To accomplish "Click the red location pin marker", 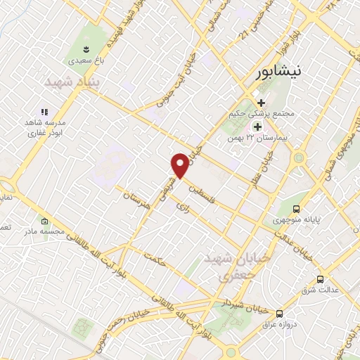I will pos(181,165).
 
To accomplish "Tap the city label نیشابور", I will pos(281,72).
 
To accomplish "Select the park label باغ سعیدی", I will pos(86,61).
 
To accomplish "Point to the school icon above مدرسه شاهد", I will pos(44,111).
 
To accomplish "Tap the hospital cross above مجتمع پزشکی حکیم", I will pos(261,103).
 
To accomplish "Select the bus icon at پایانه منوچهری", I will pos(297,209).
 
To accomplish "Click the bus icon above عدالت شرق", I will pos(320,278).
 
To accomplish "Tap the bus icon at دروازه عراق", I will pos(280,314).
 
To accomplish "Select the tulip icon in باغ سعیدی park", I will pos(86,49).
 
